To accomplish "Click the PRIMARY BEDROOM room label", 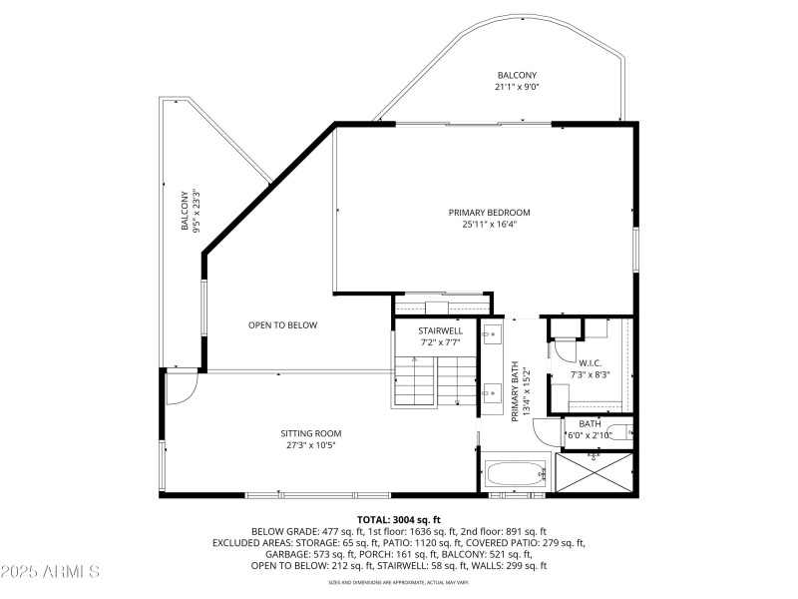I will point(489,212).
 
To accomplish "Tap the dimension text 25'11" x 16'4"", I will point(489,225).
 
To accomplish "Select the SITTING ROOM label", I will point(311,432).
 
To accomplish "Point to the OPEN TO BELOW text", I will point(282,324).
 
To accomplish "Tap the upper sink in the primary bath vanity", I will point(493,334).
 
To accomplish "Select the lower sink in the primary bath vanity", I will point(493,392).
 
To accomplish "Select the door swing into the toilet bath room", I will point(547,431).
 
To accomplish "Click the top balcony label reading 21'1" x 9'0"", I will point(517,88).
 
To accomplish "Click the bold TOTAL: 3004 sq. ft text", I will point(398,520).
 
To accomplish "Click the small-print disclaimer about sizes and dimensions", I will point(398,582).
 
